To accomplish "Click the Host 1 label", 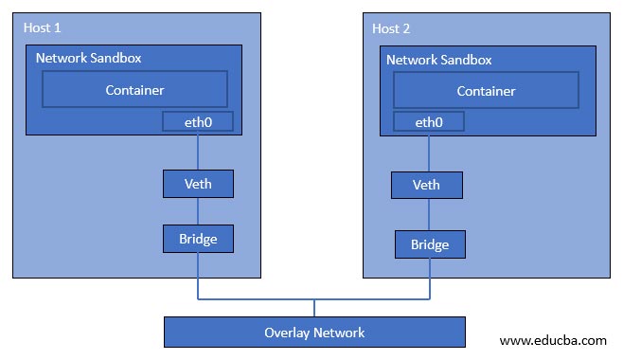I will [x=42, y=28].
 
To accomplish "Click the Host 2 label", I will [x=392, y=28].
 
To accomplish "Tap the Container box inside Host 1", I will [x=134, y=90].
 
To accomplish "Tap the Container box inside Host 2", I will [x=486, y=91].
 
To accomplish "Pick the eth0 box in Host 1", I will [x=198, y=121].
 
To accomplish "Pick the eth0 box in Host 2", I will [x=428, y=121].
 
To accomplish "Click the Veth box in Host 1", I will [x=198, y=183].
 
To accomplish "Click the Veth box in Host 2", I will [x=428, y=184].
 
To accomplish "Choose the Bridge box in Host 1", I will [x=198, y=238].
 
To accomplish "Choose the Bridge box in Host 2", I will [x=430, y=244].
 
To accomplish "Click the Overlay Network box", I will [x=314, y=333].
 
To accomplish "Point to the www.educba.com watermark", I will [x=553, y=338].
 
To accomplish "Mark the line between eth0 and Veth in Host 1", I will [x=198, y=150].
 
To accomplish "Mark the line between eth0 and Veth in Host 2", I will [x=428, y=151].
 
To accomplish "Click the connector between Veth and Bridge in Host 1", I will [x=198, y=210].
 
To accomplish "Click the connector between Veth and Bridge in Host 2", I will [x=429, y=214].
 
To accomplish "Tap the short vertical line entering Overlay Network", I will [x=314, y=308].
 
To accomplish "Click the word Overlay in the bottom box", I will [x=288, y=333].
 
